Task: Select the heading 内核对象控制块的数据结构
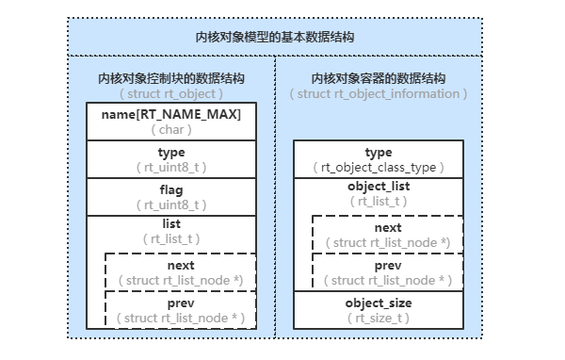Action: point(171,79)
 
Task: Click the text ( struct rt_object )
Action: point(171,94)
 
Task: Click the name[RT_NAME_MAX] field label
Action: point(171,115)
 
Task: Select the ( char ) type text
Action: point(171,130)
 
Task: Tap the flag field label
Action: point(171,188)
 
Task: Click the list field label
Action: point(171,224)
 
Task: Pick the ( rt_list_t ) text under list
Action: point(171,239)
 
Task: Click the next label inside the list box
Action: point(181,266)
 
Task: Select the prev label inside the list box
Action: point(181,303)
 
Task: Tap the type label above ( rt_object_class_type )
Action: point(378,153)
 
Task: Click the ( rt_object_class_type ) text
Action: point(378,168)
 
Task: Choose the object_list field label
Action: point(378,187)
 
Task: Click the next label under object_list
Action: point(387,228)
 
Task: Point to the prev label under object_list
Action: point(387,266)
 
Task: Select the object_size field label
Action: point(378,303)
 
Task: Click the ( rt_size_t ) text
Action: point(378,319)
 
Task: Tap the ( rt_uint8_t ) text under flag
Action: point(171,204)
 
